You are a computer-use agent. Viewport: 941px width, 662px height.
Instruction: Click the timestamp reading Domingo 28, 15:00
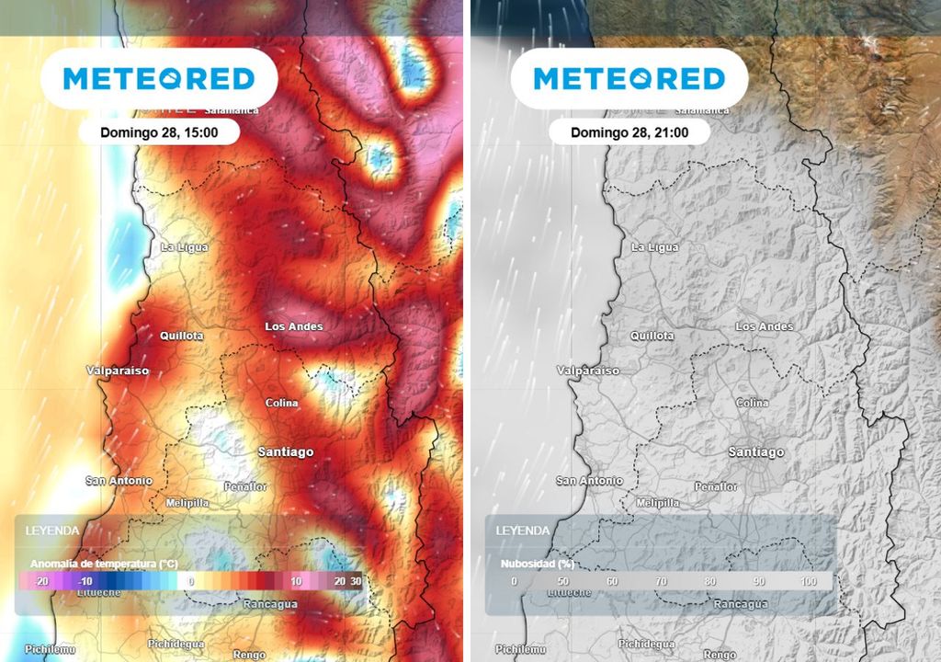159,132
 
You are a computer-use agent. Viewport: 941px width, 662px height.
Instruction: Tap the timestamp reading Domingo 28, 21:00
629,132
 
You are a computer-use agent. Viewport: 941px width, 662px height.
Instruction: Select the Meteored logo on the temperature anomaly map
159,78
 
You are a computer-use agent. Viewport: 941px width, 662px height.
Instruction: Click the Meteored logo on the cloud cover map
629,78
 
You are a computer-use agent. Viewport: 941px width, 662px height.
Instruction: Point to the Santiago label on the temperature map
286,451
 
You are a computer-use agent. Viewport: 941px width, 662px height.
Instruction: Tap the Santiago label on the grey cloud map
756,451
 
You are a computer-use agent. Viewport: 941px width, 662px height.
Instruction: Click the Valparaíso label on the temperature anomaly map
118,371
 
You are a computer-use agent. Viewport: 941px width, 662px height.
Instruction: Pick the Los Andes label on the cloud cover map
765,326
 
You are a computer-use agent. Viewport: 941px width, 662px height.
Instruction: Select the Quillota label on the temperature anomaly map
182,336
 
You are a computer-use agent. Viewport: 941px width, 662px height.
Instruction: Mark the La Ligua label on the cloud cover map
655,247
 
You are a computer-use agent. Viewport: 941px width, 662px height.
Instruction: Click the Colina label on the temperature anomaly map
282,403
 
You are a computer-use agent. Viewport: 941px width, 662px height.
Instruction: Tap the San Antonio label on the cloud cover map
589,480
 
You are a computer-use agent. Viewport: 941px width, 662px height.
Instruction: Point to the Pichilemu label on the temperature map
50,649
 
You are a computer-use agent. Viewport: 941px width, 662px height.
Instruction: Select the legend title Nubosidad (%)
538,563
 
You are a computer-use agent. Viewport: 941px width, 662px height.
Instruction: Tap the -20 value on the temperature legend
40,582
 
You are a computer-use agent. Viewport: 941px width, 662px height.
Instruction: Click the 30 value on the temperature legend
356,582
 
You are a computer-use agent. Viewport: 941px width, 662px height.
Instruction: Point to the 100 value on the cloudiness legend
809,582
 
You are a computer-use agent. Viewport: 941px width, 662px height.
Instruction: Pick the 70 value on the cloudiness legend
661,582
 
